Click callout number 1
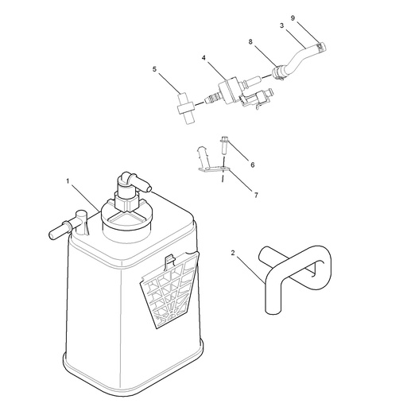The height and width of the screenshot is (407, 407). coord(68,181)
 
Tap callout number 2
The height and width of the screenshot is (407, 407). coord(233,253)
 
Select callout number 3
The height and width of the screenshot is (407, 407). coord(282,25)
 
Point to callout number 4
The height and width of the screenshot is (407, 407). coord(203,57)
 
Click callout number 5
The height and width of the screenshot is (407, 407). coord(154,69)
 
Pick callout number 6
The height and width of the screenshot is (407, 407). coord(253,165)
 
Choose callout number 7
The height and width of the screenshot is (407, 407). coord(256,196)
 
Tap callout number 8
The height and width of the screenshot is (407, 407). coord(250,41)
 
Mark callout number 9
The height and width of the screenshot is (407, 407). coord(293,18)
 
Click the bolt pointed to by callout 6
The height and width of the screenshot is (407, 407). coord(224,145)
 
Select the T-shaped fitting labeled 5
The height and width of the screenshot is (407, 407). coord(185,109)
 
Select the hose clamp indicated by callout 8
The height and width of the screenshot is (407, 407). coord(277,73)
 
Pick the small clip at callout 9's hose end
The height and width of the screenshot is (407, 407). coord(320,46)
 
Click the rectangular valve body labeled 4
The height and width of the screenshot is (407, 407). coord(228,90)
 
